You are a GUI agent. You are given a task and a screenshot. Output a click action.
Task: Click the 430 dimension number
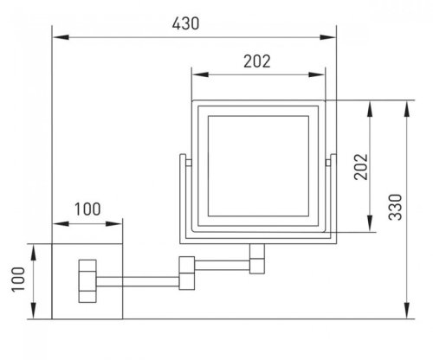coord(185,23)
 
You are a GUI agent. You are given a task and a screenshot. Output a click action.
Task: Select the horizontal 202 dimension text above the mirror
coord(257,61)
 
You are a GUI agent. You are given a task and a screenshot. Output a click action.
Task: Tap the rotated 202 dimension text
coord(361,167)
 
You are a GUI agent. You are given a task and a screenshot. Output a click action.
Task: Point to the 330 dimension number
coord(395,208)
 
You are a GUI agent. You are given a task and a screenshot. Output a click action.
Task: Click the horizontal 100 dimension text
coord(87,209)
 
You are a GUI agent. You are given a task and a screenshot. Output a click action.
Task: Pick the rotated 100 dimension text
coord(18,280)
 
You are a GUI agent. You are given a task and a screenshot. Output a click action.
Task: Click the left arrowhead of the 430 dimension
coord(61,37)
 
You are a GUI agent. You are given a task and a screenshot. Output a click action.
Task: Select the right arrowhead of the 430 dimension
coord(328,37)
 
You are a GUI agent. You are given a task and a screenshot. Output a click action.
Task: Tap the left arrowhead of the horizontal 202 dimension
coord(200,74)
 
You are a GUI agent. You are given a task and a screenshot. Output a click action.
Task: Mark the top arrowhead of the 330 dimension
coord(407,109)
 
